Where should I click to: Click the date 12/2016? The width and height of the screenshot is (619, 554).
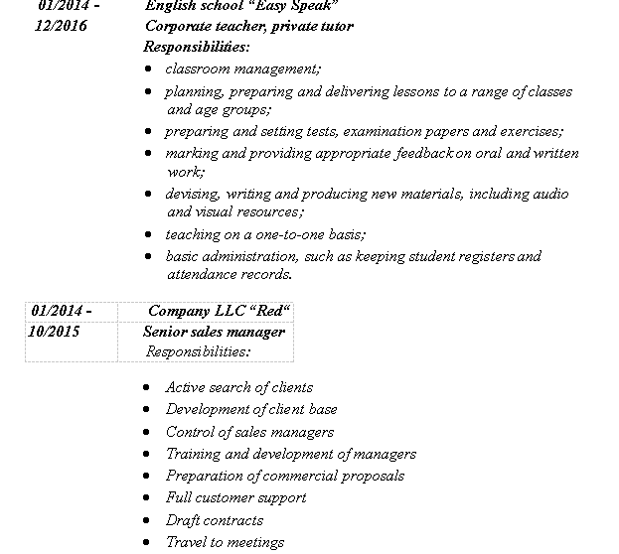tap(61, 26)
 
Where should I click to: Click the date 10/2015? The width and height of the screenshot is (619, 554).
tap(55, 331)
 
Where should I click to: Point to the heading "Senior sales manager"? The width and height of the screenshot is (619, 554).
tap(214, 331)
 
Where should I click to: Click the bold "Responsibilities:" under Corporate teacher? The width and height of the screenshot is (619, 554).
tap(197, 47)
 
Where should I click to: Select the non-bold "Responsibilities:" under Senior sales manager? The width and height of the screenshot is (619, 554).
tap(198, 350)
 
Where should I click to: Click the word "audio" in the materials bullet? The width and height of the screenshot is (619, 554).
tap(549, 194)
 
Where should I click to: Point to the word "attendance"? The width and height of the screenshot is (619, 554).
tap(203, 274)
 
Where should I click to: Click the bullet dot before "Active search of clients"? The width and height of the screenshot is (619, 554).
tap(148, 387)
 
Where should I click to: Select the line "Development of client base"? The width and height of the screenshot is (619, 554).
tap(251, 409)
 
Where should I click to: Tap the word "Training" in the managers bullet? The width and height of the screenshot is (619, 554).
tap(193, 454)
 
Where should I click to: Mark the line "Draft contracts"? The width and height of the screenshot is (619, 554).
tap(215, 520)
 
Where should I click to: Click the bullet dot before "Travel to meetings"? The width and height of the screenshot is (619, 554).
tap(148, 542)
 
